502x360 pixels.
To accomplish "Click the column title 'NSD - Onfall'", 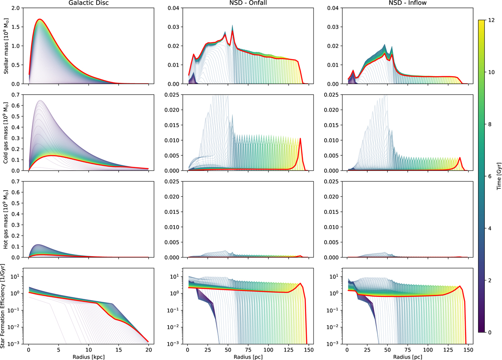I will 248,4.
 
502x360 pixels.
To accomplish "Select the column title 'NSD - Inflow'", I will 407,4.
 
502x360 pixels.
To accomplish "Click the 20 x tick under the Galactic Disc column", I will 148,348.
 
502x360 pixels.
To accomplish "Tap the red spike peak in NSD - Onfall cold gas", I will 300,138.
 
